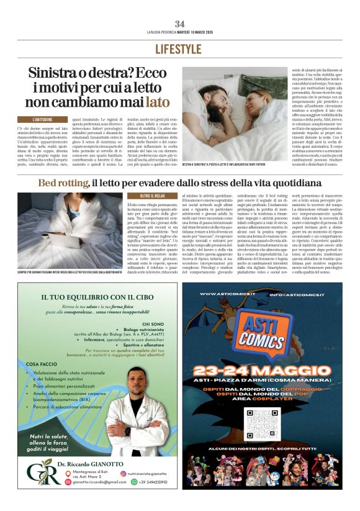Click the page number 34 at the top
(179, 24)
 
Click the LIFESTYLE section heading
(179, 49)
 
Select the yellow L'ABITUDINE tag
(48, 119)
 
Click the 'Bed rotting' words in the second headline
(63, 183)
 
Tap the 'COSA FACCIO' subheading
(42, 363)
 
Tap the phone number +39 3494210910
(148, 482)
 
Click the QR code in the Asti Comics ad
(262, 424)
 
